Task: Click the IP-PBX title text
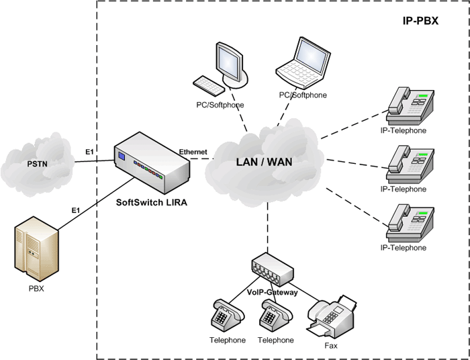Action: tap(420, 21)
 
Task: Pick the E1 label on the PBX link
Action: tap(76, 211)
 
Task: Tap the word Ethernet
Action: tap(193, 152)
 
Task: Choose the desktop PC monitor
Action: tap(228, 62)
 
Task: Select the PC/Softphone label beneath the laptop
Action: tap(303, 95)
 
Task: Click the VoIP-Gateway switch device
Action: tap(272, 269)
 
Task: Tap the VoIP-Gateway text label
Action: tap(272, 292)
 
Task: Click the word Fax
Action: tap(330, 347)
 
